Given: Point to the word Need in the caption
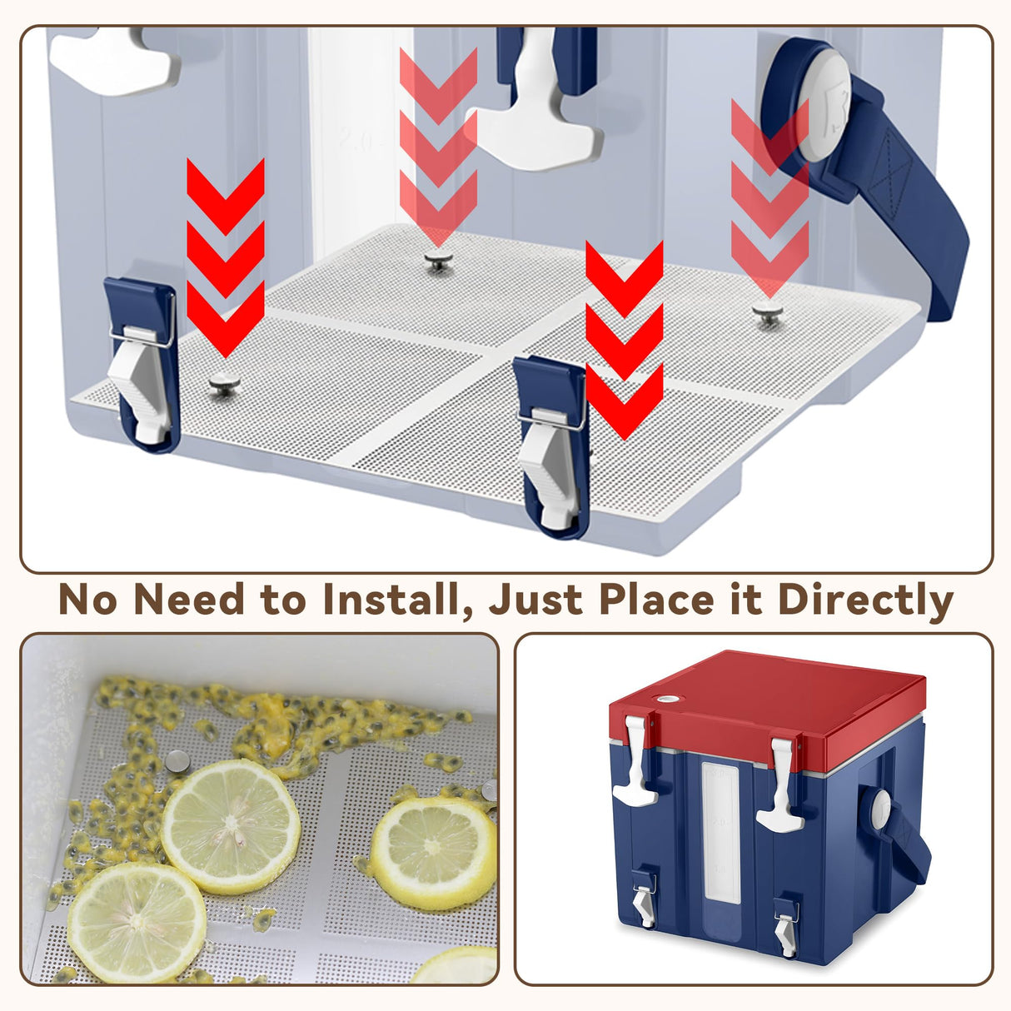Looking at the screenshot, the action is pos(189,599).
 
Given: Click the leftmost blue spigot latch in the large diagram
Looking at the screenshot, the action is pos(142,365).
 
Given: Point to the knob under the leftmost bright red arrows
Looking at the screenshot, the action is pos(225,385).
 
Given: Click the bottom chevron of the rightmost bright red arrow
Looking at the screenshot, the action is pos(625,402).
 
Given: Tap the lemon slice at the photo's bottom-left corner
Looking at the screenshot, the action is pos(137,924).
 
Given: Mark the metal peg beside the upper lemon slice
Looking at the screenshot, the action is pos(177,761).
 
